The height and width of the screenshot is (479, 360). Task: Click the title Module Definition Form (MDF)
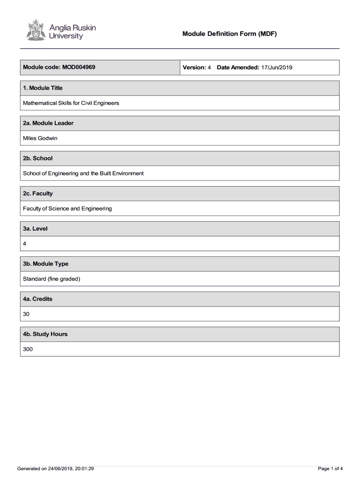230,34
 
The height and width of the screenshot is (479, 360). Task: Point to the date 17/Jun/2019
276,68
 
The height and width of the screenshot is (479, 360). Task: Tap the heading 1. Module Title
43,88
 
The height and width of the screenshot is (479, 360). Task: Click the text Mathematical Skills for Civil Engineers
71,103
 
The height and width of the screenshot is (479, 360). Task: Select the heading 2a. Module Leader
48,123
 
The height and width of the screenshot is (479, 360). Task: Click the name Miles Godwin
40,138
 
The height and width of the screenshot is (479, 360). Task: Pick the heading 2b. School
38,158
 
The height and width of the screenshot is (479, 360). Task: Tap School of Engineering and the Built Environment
83,173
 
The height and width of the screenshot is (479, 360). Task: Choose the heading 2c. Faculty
38,193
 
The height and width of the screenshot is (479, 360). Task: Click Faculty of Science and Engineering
67,209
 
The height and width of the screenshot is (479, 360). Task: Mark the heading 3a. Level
35,229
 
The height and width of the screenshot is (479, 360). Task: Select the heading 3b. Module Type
45,264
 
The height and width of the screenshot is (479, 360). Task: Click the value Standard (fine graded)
51,279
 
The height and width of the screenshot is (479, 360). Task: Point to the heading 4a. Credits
37,299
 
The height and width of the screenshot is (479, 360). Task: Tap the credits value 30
26,314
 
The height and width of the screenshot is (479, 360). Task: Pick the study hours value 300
28,349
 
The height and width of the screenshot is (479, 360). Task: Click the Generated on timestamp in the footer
56,468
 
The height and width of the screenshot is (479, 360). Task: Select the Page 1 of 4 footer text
330,468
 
